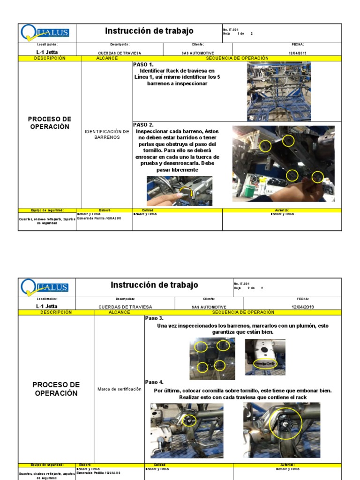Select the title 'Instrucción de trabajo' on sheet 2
click(154, 285)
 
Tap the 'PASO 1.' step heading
click(143, 65)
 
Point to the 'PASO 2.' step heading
click(143, 125)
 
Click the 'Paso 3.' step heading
click(154, 318)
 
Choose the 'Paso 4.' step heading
click(154, 382)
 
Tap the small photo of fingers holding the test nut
click(179, 191)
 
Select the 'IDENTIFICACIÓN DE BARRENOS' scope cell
click(107, 135)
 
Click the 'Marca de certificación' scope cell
click(119, 389)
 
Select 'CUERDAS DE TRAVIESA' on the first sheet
click(120, 53)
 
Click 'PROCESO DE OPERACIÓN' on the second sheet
click(56, 389)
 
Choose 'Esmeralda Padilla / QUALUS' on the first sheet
click(99, 218)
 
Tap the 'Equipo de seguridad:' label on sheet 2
click(47, 465)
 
